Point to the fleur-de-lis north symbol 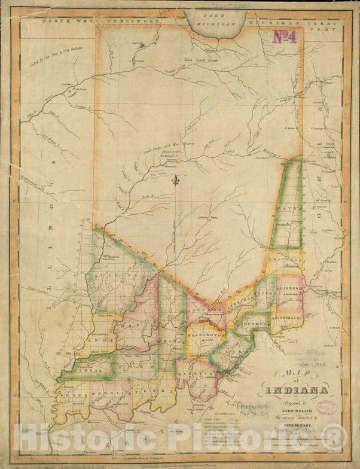point(176,180)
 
